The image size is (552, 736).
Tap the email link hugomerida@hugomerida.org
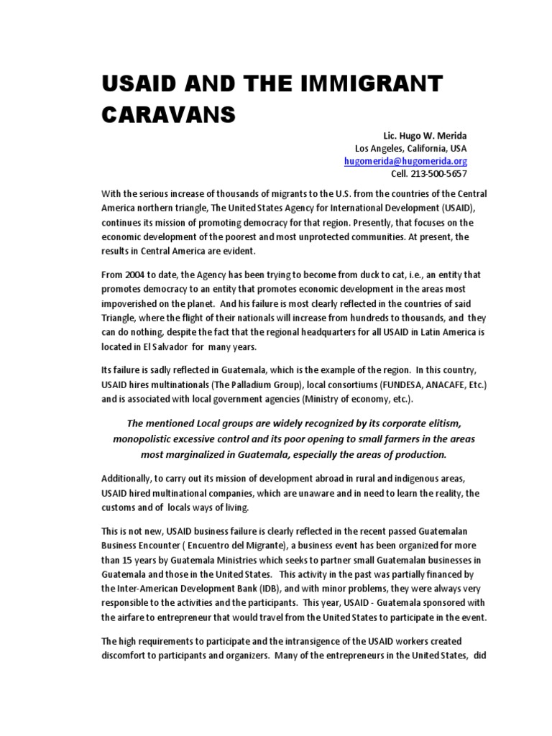tap(405, 161)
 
